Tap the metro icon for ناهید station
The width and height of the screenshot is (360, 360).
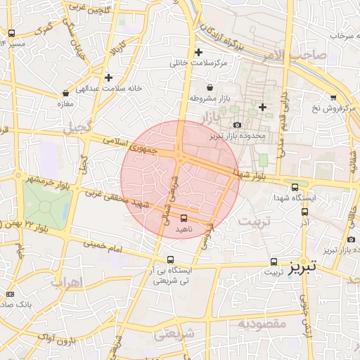point(184,218)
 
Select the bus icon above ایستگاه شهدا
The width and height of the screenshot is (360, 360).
point(295,187)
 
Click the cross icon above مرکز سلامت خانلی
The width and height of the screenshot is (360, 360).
point(199,52)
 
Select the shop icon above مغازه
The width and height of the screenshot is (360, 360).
point(65,92)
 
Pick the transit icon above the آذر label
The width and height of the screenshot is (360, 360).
point(304,211)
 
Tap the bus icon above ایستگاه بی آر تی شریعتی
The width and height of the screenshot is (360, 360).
point(171,259)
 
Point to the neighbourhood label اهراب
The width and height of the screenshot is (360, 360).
point(67,282)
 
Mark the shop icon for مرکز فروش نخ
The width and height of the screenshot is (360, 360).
point(333,98)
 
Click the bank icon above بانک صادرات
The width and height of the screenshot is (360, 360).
point(10,294)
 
